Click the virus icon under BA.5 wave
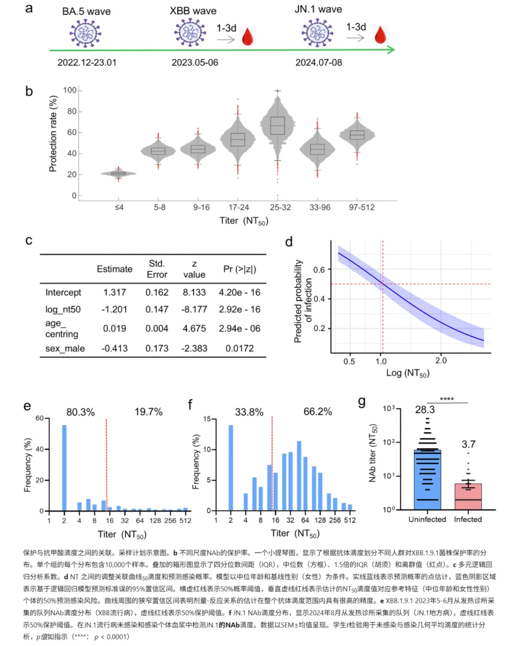[86, 34]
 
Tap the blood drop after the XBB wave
[247, 37]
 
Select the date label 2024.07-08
[319, 63]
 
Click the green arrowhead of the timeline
[391, 50]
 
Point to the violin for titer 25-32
[278, 126]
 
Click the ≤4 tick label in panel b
[119, 207]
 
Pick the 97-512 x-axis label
[362, 207]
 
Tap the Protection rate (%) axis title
[53, 133]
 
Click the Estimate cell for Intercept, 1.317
[115, 292]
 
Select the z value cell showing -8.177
[194, 309]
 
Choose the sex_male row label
[65, 348]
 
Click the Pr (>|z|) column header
[239, 269]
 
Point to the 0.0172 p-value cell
[239, 348]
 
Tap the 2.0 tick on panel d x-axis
[441, 360]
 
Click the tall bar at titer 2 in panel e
[64, 467]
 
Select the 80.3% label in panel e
[81, 412]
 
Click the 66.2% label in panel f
[318, 412]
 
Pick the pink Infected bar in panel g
[468, 497]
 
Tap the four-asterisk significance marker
[447, 399]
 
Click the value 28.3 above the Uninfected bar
[425, 409]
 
